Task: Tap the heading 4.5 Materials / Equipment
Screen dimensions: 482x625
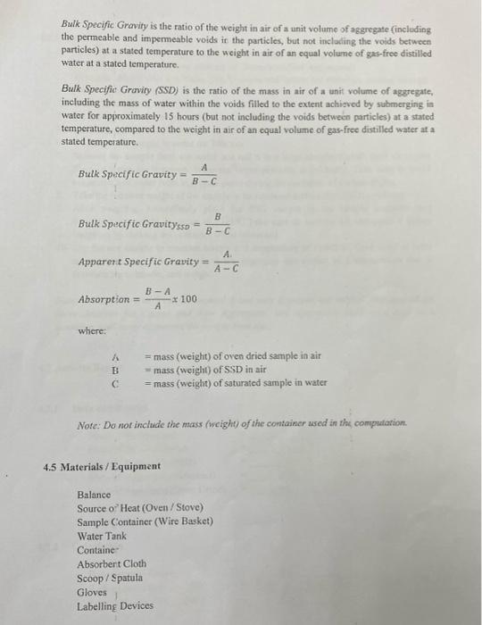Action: (103, 466)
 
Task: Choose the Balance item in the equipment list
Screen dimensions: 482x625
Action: (94, 494)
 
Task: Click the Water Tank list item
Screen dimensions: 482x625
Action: (102, 536)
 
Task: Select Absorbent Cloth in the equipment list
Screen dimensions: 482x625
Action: (112, 564)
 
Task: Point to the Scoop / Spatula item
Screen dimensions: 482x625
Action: (109, 578)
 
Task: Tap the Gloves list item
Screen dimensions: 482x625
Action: (92, 592)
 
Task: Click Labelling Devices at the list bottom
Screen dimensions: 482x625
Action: (115, 606)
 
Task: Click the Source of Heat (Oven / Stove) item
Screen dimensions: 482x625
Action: (134, 507)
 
